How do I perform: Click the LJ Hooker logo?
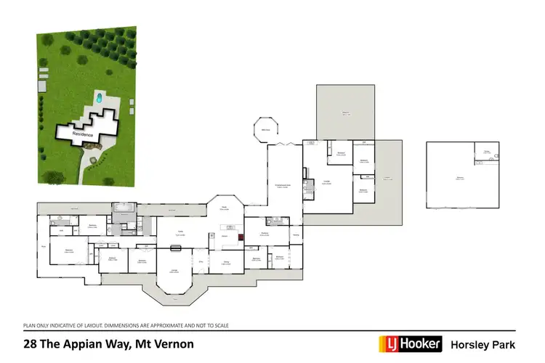[x=410, y=343]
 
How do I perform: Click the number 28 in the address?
[x=30, y=344]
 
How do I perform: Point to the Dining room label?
[x=225, y=264]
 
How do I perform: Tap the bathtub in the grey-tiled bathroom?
[x=124, y=208]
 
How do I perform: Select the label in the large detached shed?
[x=459, y=177]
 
